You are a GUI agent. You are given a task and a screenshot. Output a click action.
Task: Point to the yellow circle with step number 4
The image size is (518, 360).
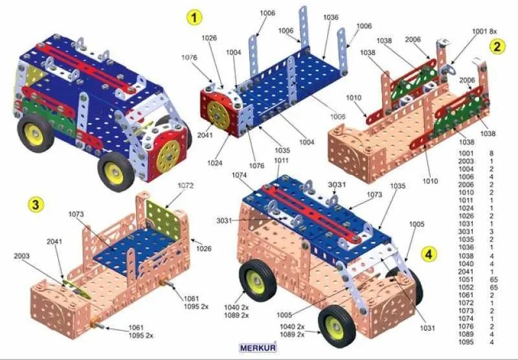click(x=428, y=253)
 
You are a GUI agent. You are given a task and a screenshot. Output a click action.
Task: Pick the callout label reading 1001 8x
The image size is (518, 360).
click(x=484, y=30)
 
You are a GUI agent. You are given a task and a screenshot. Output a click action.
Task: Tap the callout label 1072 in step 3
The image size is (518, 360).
click(x=185, y=185)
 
